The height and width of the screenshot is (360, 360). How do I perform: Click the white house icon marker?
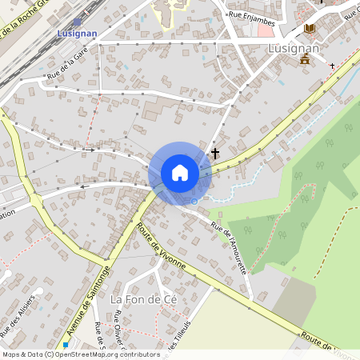click(x=180, y=173)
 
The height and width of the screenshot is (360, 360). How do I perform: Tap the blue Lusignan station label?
click(x=76, y=34)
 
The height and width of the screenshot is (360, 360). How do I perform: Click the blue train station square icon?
click(x=77, y=23)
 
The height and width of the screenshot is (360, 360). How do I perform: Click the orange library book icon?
click(x=310, y=29)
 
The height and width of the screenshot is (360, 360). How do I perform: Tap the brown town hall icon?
click(x=305, y=58)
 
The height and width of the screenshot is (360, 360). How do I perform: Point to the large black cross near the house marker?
click(x=214, y=153)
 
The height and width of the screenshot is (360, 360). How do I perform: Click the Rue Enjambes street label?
click(x=251, y=14)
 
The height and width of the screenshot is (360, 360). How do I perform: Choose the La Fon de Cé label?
click(x=142, y=298)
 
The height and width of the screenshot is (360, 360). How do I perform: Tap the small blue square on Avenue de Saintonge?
click(x=66, y=345)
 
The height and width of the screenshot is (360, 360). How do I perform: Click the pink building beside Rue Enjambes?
click(x=266, y=30)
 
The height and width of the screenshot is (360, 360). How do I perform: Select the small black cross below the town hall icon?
click(x=332, y=66)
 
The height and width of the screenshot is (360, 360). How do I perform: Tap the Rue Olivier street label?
click(x=118, y=336)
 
